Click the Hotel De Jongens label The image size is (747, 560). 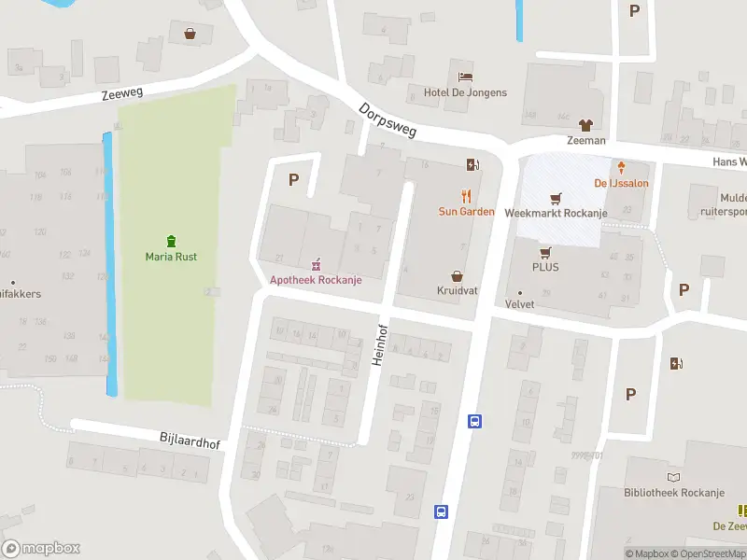point(465,92)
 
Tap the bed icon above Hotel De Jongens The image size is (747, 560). point(465,77)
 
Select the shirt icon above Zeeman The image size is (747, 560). point(585,125)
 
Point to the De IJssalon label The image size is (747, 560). point(621,183)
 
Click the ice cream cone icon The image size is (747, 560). point(621,167)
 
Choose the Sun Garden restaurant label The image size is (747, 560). point(466,212)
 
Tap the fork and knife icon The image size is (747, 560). point(466,196)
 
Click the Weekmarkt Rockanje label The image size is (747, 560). point(556,213)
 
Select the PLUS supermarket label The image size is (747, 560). point(545,268)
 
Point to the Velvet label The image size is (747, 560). point(520,304)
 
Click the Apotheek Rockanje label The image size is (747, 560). point(315,280)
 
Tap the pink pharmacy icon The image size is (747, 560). point(315,264)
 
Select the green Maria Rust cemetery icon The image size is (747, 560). point(171,241)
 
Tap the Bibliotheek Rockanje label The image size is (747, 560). point(674,493)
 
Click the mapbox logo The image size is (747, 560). point(41,549)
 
